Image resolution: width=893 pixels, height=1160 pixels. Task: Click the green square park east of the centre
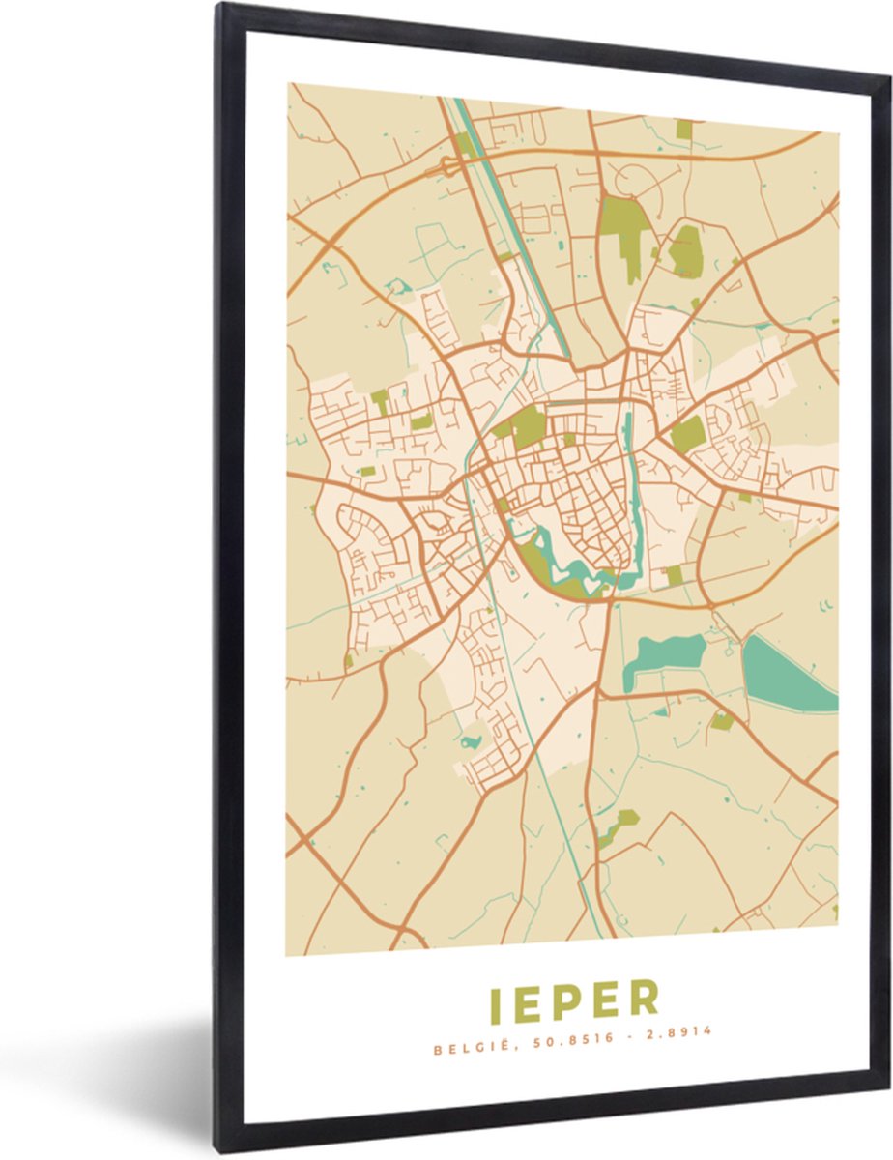click(x=688, y=434)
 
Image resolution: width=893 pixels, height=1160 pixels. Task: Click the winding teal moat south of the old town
click(x=570, y=565)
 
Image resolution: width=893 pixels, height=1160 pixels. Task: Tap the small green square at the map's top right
click(x=684, y=129)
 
